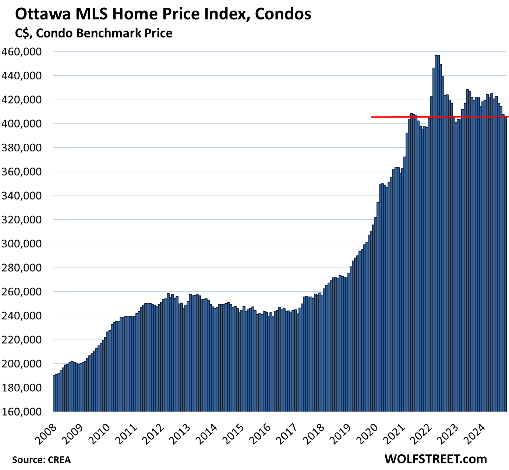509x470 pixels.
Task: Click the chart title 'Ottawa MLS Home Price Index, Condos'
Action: [163, 15]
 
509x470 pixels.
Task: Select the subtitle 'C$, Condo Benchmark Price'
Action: [94, 33]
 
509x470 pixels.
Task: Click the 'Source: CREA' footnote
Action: [41, 460]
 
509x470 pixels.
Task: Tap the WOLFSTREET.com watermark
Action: [435, 459]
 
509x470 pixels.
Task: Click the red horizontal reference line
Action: [405, 117]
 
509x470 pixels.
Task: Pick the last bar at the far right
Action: [505, 265]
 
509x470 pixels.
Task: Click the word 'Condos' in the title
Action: [283, 15]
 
